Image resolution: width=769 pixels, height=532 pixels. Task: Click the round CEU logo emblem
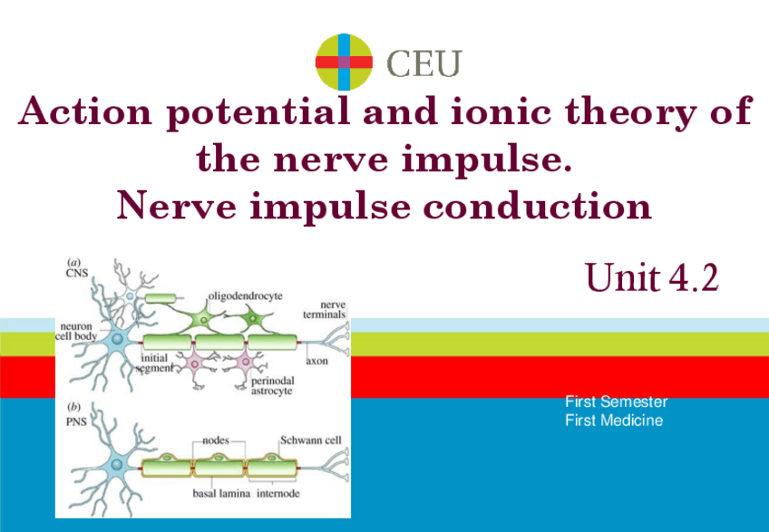click(x=344, y=62)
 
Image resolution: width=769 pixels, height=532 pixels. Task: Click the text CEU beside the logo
click(x=423, y=63)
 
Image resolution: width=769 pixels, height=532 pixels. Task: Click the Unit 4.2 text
click(x=651, y=277)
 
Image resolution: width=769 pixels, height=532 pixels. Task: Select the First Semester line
click(x=616, y=401)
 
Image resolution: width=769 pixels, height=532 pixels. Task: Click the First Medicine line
click(x=614, y=421)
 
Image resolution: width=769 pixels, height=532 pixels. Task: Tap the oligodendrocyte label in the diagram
click(x=246, y=295)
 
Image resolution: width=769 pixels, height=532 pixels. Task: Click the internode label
click(x=278, y=495)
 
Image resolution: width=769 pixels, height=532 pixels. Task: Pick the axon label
click(x=316, y=360)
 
